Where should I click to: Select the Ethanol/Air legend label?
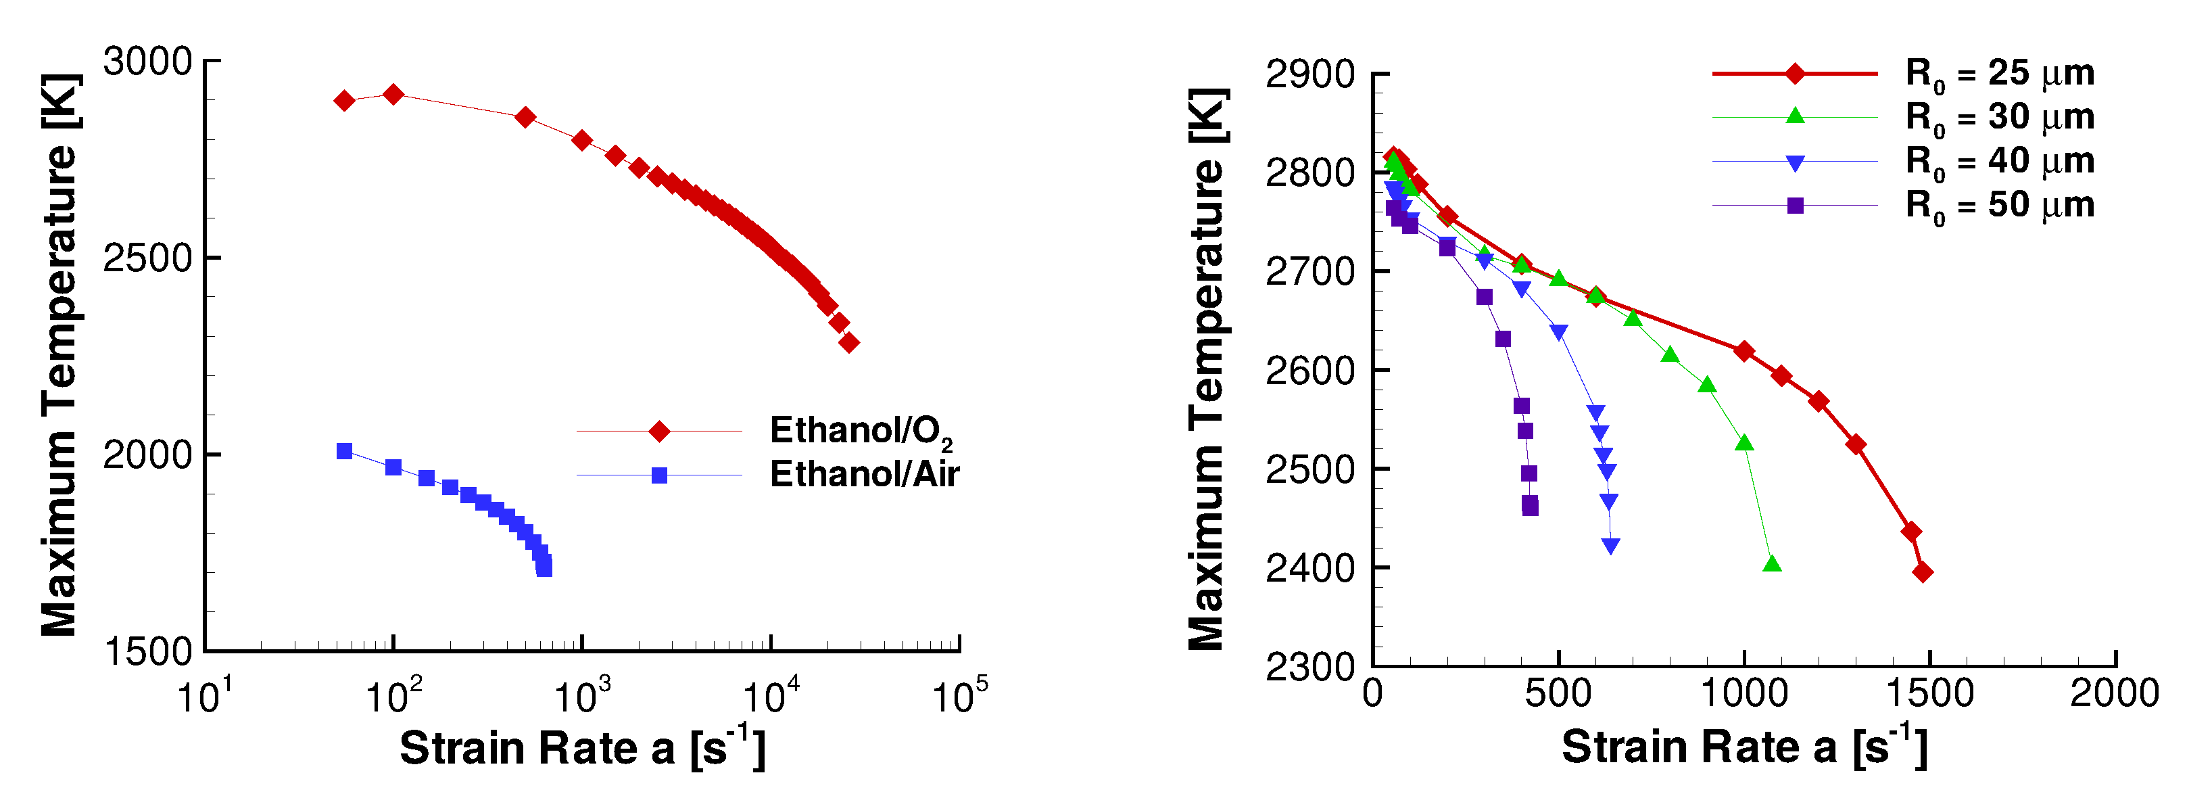863,474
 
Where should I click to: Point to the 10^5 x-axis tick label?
958,697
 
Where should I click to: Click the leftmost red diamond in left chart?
344,100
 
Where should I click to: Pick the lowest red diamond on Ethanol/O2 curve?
848,343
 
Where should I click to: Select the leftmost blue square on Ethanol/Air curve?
344,451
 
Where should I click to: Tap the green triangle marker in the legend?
1795,116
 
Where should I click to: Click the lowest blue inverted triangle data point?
1610,546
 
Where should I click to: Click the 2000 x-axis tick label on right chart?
2113,693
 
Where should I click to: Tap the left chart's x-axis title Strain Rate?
582,747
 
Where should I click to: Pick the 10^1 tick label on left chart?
204,697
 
